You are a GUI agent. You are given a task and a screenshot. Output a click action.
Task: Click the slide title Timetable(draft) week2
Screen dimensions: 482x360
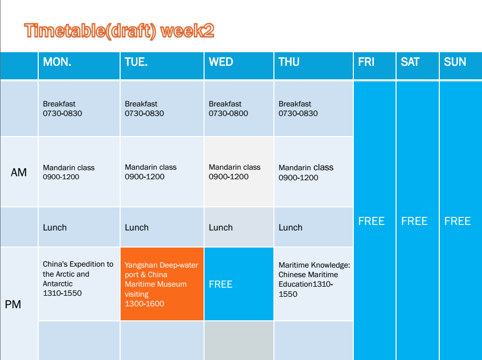click(119, 31)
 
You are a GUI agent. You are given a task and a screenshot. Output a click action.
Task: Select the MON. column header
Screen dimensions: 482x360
click(57, 62)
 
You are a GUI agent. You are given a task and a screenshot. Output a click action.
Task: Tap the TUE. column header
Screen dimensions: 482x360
click(136, 62)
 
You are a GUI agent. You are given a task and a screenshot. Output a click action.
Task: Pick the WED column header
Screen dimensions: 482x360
click(221, 62)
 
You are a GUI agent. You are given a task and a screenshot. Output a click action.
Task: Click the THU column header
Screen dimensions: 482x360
click(289, 62)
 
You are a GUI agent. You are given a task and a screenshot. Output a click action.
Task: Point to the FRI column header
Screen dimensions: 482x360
click(366, 62)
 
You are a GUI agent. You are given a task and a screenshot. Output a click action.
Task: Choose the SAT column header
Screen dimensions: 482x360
click(410, 62)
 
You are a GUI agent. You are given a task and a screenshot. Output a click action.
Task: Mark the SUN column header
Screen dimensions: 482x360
click(455, 62)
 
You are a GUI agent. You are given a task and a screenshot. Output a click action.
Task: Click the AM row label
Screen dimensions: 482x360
click(19, 172)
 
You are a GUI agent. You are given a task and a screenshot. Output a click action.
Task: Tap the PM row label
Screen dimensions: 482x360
click(13, 304)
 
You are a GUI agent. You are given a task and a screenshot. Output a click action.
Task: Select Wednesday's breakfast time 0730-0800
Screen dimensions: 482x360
click(228, 113)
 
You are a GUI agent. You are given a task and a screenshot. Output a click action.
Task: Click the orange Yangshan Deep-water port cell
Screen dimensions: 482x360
click(162, 284)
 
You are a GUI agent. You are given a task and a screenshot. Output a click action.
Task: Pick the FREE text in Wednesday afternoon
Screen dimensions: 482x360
click(221, 284)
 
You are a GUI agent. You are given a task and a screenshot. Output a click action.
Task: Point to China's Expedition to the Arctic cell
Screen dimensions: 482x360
click(79, 284)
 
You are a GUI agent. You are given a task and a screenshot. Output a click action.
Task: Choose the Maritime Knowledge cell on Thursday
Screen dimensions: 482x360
click(314, 284)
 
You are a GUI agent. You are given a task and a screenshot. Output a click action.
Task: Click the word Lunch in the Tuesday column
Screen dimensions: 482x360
click(137, 227)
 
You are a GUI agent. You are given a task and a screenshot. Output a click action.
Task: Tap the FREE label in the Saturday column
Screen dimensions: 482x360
click(414, 221)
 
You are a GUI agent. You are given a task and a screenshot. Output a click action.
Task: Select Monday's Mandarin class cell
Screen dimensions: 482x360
click(79, 172)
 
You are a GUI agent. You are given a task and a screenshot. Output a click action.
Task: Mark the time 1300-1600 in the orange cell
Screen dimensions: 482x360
click(144, 303)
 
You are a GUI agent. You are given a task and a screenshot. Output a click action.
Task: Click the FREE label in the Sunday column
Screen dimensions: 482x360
click(457, 221)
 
